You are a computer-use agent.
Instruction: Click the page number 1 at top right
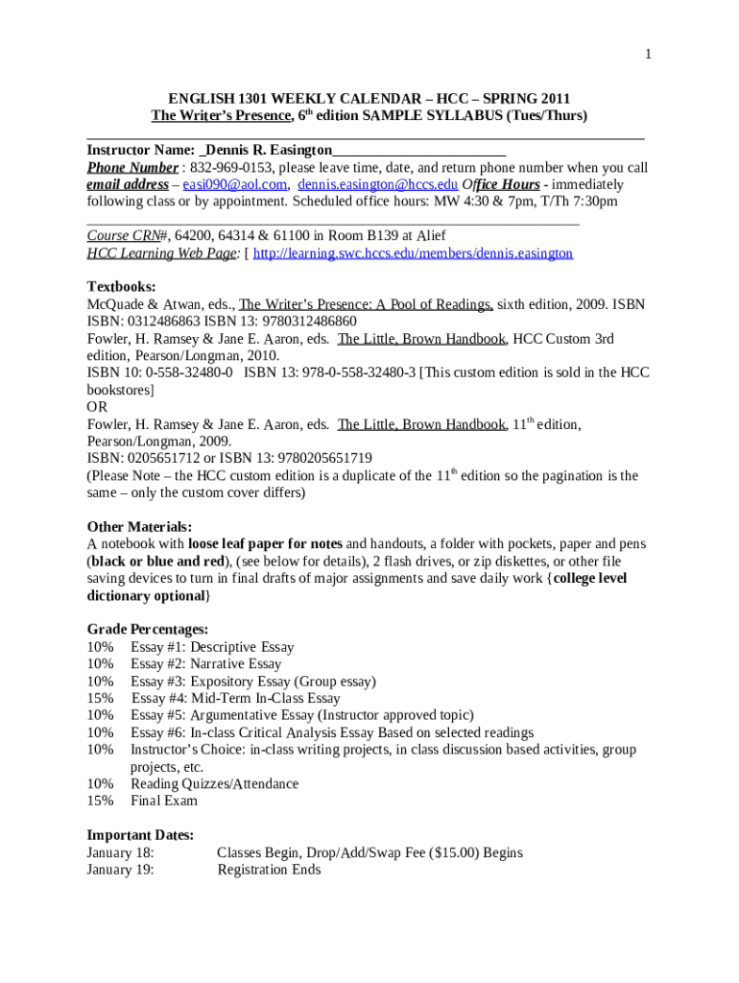649,55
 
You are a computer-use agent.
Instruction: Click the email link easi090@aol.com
235,184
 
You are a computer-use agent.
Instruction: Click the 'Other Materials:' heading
140,527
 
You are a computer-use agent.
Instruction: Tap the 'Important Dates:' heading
141,835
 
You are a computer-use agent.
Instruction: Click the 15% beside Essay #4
101,699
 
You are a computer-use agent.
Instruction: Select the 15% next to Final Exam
101,801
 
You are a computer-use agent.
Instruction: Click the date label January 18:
121,852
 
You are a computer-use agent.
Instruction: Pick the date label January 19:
121,870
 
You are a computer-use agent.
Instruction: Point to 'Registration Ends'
270,870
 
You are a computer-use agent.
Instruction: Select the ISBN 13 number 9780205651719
307,458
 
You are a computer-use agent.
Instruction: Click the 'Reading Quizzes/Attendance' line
214,784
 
